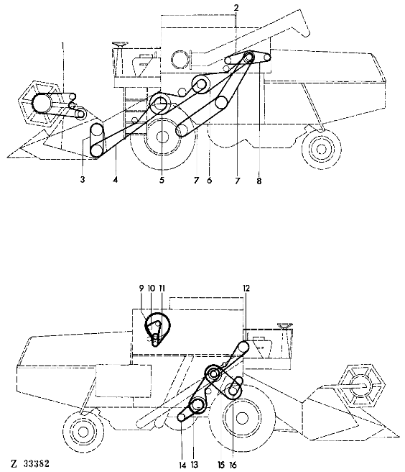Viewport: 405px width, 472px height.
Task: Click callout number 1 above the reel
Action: coord(62,46)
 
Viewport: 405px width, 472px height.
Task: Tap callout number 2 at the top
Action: coord(236,8)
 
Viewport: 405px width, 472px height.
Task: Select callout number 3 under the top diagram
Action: coord(83,180)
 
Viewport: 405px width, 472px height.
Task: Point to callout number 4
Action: coord(116,180)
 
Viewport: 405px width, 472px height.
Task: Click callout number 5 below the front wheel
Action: coord(162,180)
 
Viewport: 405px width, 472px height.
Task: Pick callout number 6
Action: coord(210,181)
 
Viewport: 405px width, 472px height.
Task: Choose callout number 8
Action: coord(259,181)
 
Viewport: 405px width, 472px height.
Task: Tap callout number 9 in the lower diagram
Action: coord(141,288)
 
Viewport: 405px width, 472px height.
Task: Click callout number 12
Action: coord(246,289)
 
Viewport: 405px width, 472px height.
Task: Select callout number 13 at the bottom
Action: coord(195,465)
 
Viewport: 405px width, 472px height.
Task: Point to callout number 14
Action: coord(182,465)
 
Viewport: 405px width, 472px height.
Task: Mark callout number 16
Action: coord(233,465)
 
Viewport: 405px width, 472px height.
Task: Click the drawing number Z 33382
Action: coord(30,463)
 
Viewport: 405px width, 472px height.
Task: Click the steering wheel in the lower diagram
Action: coord(285,325)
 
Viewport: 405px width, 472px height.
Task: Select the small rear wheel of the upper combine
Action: coord(322,149)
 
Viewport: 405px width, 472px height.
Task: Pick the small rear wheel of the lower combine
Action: coord(83,432)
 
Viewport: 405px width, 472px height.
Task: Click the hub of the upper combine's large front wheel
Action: coord(162,137)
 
